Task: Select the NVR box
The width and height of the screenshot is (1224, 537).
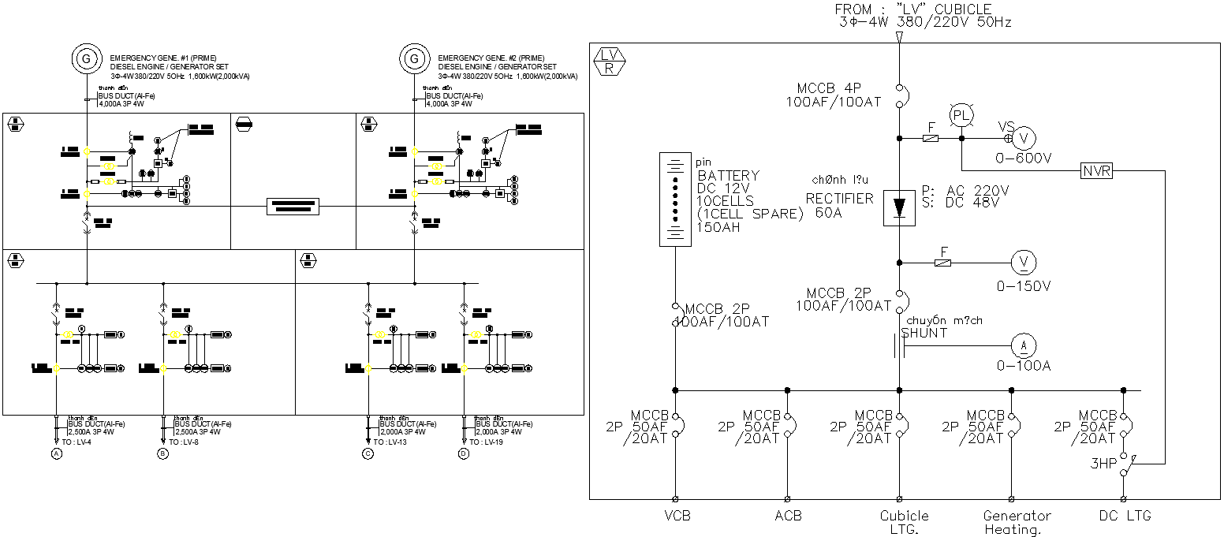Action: pyautogui.click(x=1096, y=170)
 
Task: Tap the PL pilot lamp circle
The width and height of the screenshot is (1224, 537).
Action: pyautogui.click(x=961, y=115)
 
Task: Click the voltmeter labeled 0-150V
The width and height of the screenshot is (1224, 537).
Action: pyautogui.click(x=1024, y=263)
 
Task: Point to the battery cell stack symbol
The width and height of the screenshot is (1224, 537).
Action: pyautogui.click(x=675, y=200)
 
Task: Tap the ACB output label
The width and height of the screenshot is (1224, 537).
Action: pyautogui.click(x=787, y=516)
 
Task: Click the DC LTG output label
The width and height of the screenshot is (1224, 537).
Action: pyautogui.click(x=1124, y=516)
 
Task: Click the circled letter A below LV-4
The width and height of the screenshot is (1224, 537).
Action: pyautogui.click(x=56, y=453)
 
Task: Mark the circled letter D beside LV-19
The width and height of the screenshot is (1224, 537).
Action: pyautogui.click(x=463, y=453)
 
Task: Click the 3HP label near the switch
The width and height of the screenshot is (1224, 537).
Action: pyautogui.click(x=1103, y=464)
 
